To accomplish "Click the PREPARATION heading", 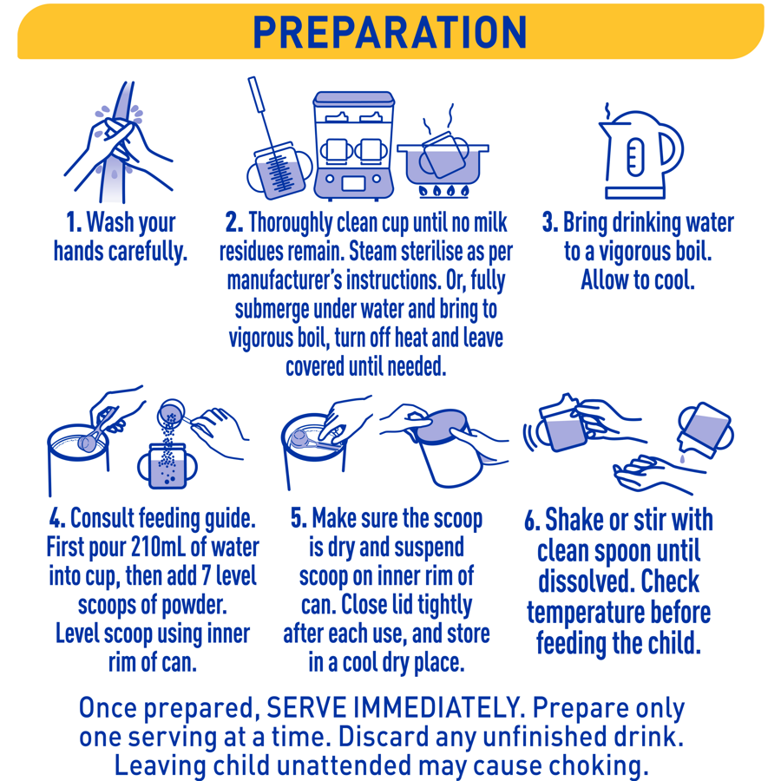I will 390,31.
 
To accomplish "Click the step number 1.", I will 74,222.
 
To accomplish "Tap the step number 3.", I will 549,222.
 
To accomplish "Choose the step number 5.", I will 299,518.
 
